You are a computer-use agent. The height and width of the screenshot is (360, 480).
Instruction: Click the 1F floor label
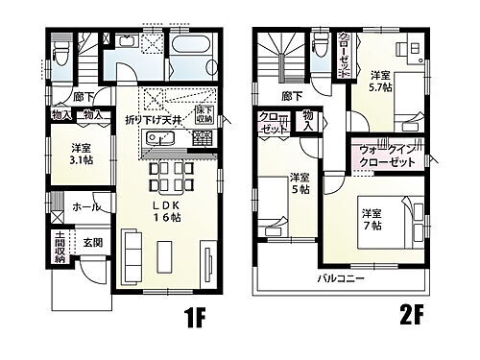(192, 316)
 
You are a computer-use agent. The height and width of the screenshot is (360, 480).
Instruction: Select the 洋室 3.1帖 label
(81, 156)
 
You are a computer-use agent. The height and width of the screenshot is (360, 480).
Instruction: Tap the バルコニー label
(341, 278)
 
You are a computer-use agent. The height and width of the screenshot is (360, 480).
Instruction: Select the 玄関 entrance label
(93, 244)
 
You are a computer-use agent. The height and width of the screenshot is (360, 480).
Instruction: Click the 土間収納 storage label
(60, 248)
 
